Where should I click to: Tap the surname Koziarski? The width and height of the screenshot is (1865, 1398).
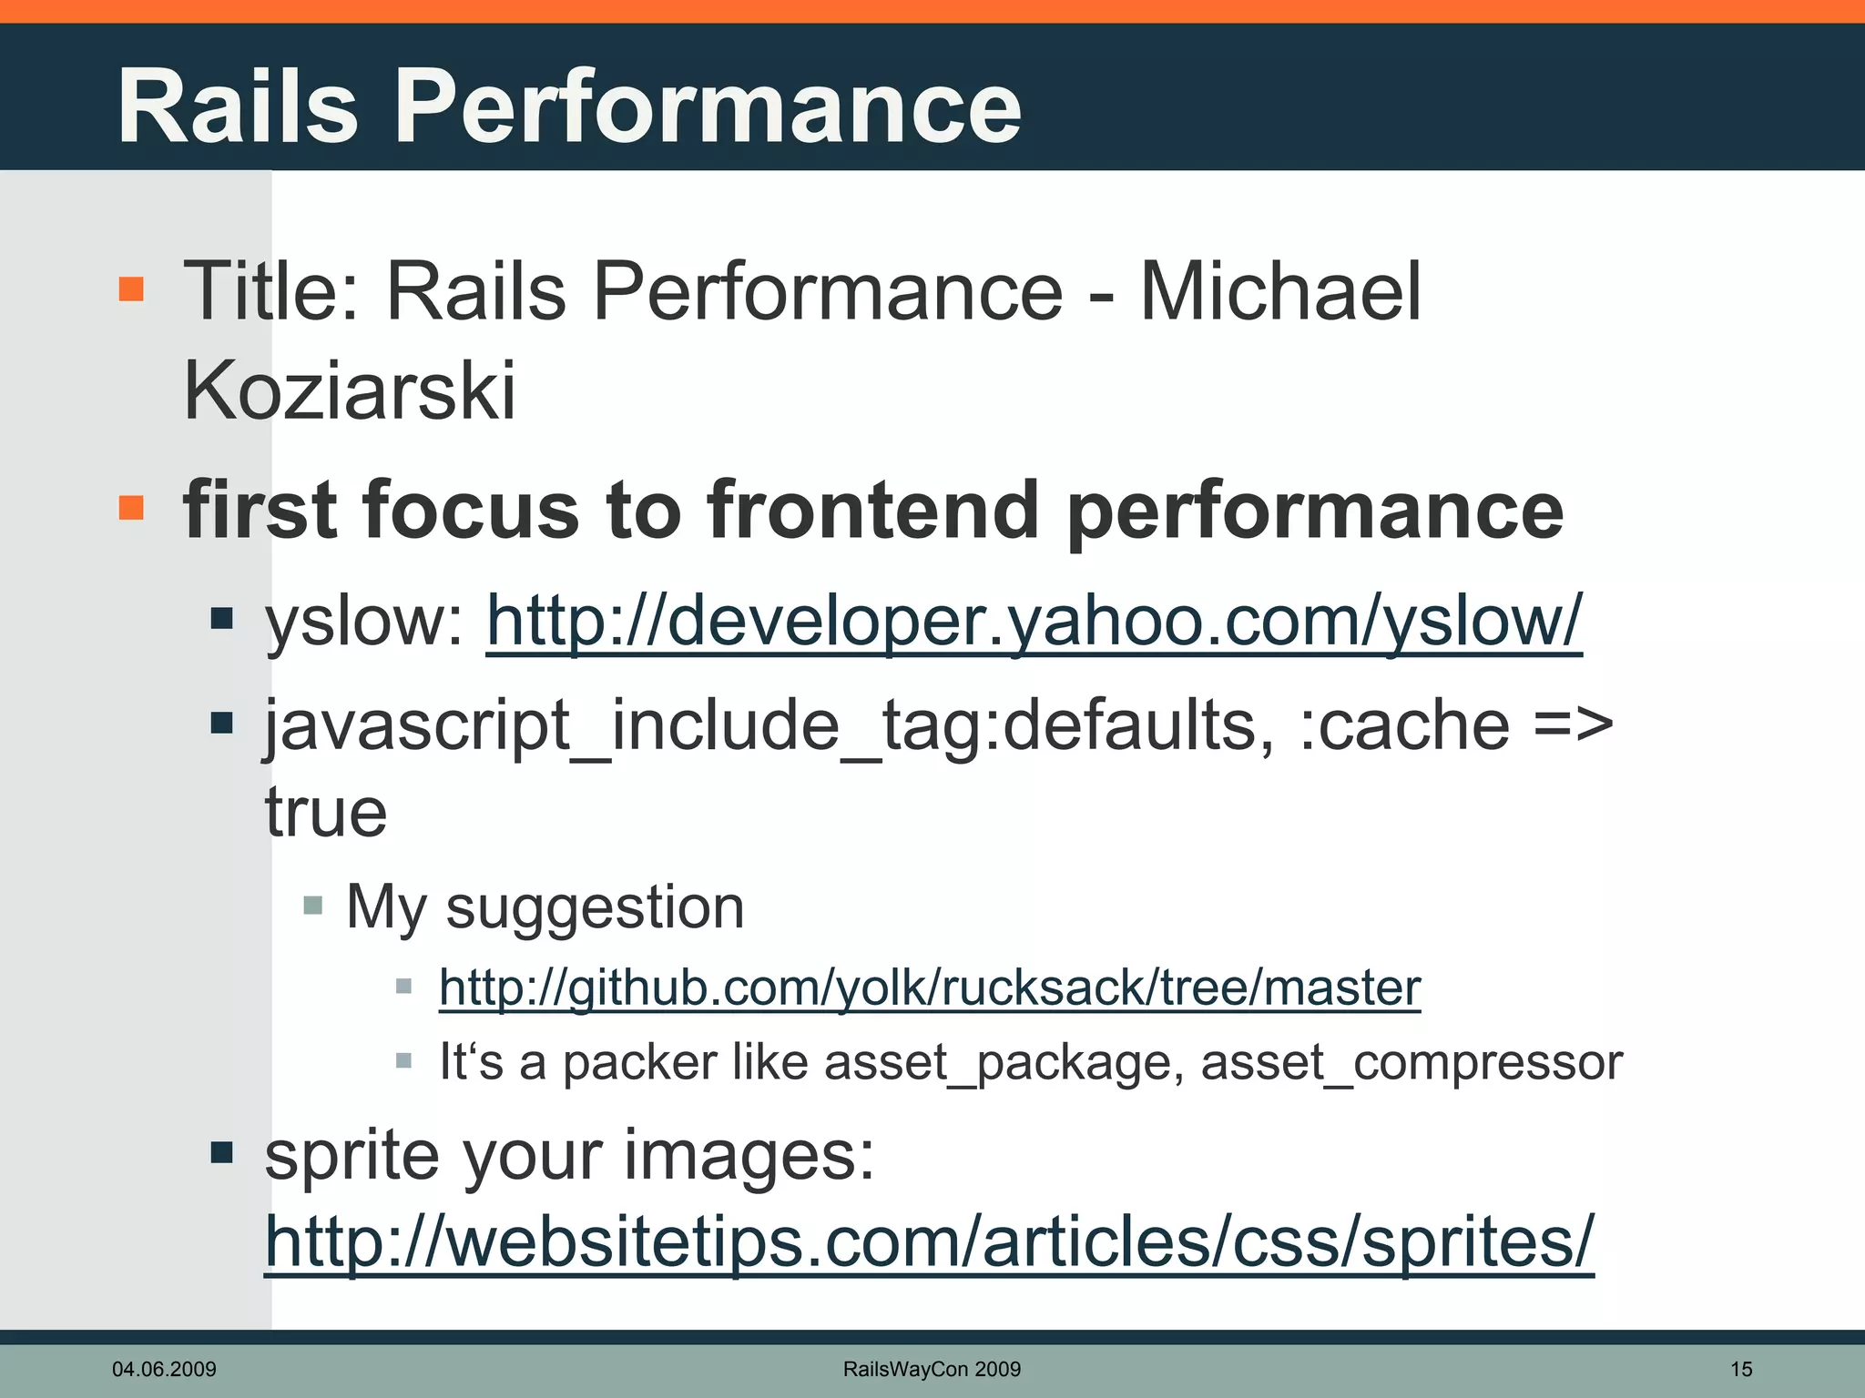click(x=349, y=391)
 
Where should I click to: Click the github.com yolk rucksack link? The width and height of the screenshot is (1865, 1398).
click(x=929, y=988)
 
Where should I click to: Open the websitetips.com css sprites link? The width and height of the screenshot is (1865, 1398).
click(x=929, y=1241)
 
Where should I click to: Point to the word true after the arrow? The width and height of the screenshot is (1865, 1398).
click(x=326, y=812)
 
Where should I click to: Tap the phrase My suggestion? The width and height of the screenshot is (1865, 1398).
click(x=545, y=907)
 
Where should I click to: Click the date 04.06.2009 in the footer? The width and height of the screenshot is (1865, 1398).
click(x=164, y=1369)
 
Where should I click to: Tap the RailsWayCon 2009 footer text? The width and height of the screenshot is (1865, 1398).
click(x=932, y=1369)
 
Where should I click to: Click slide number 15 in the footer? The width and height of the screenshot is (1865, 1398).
click(x=1741, y=1369)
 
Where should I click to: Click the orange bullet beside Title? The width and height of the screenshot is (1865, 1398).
click(x=132, y=289)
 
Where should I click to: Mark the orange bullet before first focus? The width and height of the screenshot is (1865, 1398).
click(x=132, y=507)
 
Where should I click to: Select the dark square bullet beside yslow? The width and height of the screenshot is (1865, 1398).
click(x=221, y=620)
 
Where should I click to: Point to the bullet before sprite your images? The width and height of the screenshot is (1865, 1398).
click(x=221, y=1153)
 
